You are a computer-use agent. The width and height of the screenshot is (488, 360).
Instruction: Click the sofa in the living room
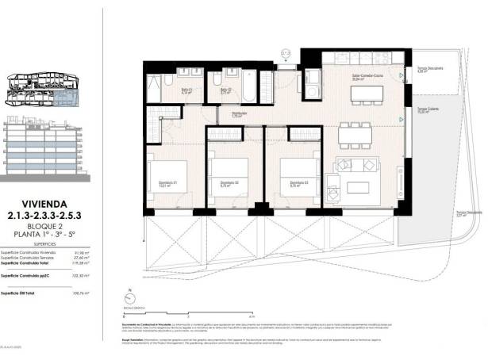tap(358, 165)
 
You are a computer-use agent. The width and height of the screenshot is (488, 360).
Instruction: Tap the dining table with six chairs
tap(355, 135)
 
